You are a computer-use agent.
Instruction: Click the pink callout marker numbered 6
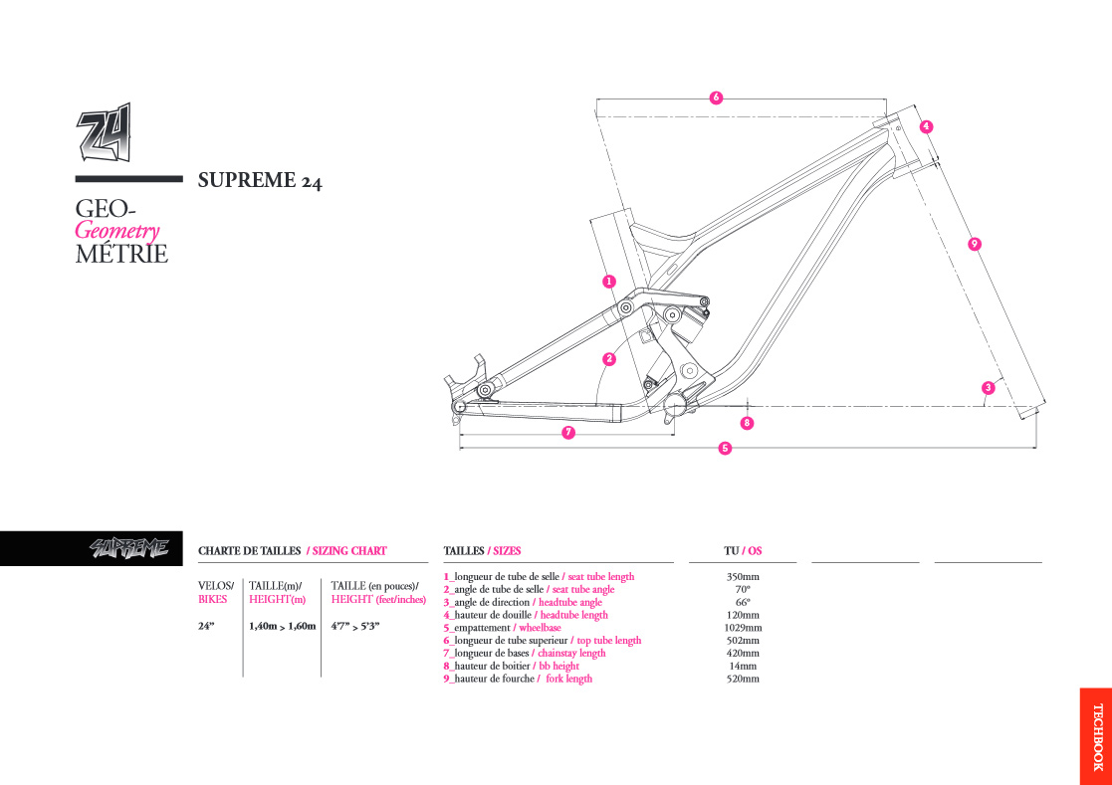pyautogui.click(x=716, y=98)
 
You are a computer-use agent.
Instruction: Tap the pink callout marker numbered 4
pyautogui.click(x=926, y=126)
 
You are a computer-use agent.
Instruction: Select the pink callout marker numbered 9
pyautogui.click(x=975, y=245)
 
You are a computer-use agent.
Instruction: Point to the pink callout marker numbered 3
pyautogui.click(x=989, y=388)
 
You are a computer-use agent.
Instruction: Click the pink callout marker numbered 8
pyautogui.click(x=746, y=423)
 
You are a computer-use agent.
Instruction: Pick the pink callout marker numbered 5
pyautogui.click(x=725, y=448)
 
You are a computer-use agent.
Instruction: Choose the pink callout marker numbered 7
pyautogui.click(x=568, y=432)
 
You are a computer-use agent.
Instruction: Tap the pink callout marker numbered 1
pyautogui.click(x=608, y=282)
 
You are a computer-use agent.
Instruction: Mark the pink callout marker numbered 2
pyautogui.click(x=608, y=359)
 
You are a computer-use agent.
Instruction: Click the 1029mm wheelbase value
pyautogui.click(x=743, y=628)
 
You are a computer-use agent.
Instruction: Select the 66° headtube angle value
pyautogui.click(x=743, y=602)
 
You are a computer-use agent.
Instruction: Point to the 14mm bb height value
pyautogui.click(x=743, y=666)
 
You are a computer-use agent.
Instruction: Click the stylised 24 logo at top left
pyautogui.click(x=105, y=132)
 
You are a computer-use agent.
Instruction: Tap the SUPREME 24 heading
pyautogui.click(x=260, y=181)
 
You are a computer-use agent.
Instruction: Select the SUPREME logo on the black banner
pyautogui.click(x=129, y=547)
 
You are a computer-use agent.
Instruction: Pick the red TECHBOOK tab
pyautogui.click(x=1096, y=736)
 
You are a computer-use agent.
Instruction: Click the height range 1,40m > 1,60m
pyautogui.click(x=283, y=626)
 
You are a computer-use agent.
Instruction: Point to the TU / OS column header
pyautogui.click(x=743, y=550)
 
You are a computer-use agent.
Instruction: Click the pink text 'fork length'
pyautogui.click(x=568, y=679)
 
